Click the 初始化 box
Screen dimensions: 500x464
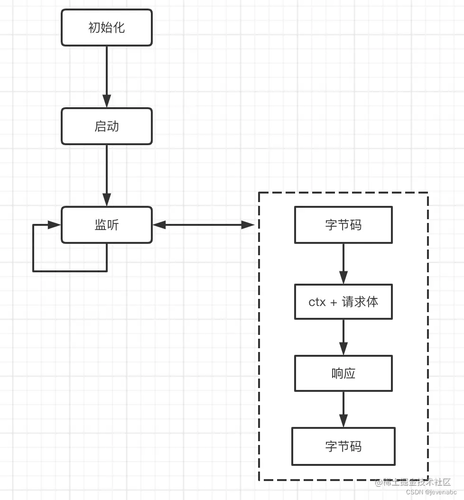click(x=106, y=28)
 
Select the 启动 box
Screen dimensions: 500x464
click(x=106, y=126)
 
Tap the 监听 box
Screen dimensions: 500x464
click(x=106, y=225)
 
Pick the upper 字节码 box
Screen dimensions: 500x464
click(x=343, y=225)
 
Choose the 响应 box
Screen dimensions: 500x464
click(x=343, y=373)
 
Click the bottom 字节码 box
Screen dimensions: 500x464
click(x=343, y=446)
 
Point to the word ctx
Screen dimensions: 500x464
click(x=317, y=302)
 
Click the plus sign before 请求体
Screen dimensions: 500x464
click(x=334, y=302)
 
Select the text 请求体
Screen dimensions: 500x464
click(x=360, y=302)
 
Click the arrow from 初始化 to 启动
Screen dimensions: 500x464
click(x=106, y=76)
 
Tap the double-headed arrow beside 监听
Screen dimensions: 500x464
click(x=204, y=225)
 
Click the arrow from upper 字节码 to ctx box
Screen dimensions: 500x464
click(x=343, y=263)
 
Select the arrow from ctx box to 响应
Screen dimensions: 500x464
click(x=343, y=337)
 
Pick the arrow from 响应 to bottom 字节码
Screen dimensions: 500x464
click(x=343, y=409)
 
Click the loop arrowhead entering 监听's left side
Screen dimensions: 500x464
click(x=55, y=225)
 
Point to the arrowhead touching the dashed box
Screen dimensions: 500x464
click(x=249, y=225)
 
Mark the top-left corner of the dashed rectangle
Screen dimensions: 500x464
click(x=259, y=193)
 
